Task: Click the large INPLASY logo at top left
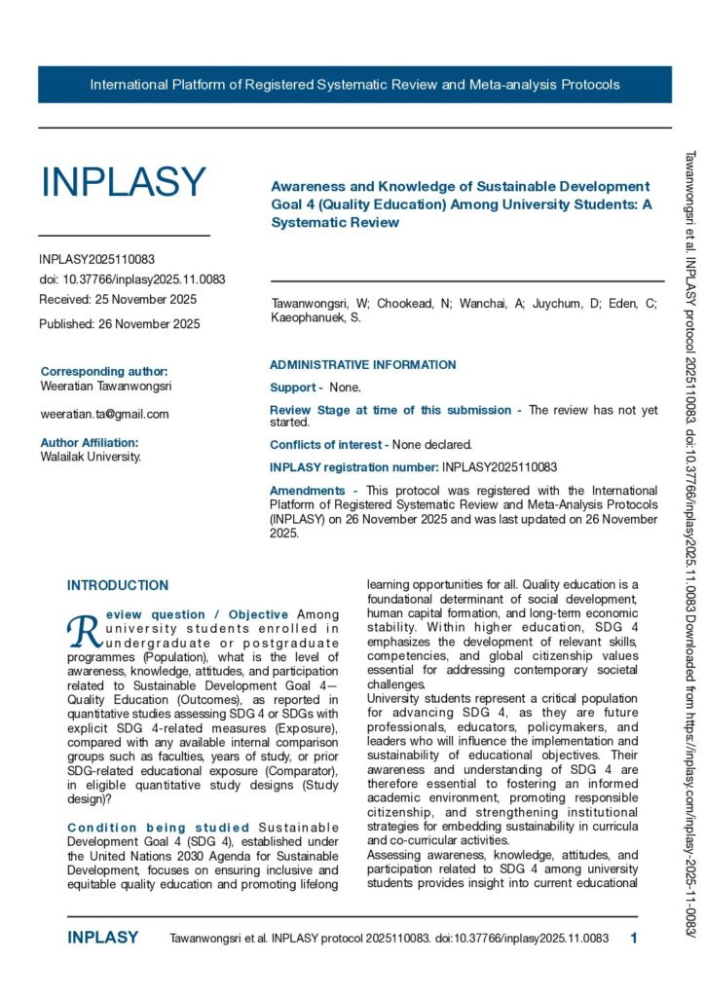pyautogui.click(x=123, y=183)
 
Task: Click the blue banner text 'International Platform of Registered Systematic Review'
pyautogui.click(x=354, y=85)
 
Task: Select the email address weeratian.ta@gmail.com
pyautogui.click(x=104, y=414)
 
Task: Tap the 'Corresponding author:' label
pyautogui.click(x=104, y=371)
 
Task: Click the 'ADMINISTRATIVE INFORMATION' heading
pyautogui.click(x=362, y=365)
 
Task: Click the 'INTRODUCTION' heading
pyautogui.click(x=118, y=585)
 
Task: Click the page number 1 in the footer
pyautogui.click(x=634, y=939)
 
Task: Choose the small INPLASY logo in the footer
pyautogui.click(x=102, y=939)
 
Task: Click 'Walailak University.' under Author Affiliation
pyautogui.click(x=90, y=456)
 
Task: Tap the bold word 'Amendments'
pyautogui.click(x=307, y=491)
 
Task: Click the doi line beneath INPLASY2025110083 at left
pyautogui.click(x=131, y=278)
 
